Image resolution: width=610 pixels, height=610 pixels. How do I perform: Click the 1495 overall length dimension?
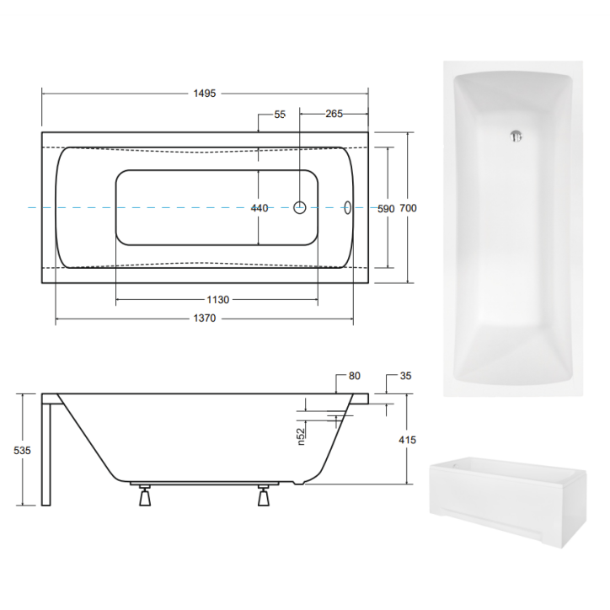[205, 94]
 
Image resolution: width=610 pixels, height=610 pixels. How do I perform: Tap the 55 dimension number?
[281, 114]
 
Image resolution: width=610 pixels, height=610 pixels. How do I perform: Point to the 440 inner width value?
[259, 208]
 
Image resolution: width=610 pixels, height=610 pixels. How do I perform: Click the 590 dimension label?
[386, 208]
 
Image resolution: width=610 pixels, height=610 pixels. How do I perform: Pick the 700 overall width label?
[409, 208]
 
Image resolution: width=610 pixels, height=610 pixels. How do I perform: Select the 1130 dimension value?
[217, 299]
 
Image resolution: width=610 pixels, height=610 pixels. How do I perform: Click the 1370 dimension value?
[205, 318]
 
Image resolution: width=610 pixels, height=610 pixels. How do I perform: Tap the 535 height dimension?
[23, 451]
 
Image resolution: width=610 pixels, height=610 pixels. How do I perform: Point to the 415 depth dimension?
[409, 440]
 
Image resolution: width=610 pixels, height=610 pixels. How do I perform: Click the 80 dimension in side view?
[353, 377]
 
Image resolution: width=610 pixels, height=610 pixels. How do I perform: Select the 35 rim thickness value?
[405, 377]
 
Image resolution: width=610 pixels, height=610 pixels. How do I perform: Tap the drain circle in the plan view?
[299, 207]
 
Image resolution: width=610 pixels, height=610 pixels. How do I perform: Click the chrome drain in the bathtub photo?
[516, 135]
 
